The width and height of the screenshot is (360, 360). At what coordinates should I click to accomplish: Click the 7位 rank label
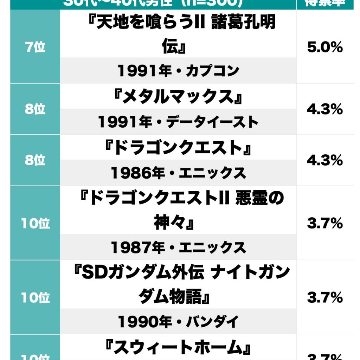coord(35,47)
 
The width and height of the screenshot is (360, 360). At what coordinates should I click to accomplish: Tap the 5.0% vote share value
coord(324,47)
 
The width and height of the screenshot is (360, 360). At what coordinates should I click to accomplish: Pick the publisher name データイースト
coord(212,122)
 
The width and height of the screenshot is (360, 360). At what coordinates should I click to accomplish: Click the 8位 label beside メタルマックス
coord(35,109)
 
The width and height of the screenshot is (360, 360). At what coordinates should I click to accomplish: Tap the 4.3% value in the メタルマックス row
coord(324,109)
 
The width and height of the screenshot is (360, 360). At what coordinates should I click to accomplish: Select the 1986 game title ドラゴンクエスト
coord(178,148)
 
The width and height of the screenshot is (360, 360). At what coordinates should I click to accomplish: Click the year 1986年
coord(138,173)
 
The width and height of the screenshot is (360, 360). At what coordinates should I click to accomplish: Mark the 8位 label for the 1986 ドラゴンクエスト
coord(35,160)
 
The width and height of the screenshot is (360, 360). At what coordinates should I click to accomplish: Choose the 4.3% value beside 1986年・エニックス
coord(324,160)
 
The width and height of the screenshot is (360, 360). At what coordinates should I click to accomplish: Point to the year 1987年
coord(138,248)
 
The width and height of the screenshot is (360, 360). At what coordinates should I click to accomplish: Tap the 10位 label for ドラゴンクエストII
coord(35,224)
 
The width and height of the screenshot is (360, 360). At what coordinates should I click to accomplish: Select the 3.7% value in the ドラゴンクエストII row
coord(324,224)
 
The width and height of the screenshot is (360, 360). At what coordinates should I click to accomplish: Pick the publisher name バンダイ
coord(213,321)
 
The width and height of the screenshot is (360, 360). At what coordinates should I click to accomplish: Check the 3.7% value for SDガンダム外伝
coord(324,298)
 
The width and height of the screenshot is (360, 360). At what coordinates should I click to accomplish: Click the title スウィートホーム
coord(178,347)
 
